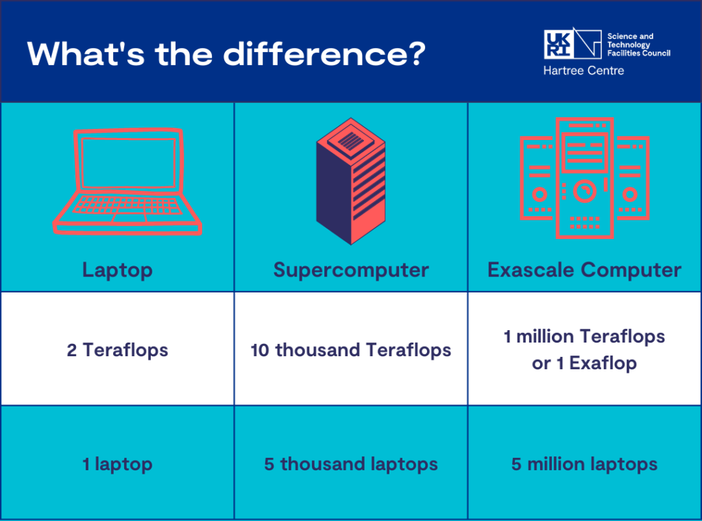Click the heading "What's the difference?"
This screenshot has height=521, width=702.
226,54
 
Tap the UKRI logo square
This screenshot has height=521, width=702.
558,44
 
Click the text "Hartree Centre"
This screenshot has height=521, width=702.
583,71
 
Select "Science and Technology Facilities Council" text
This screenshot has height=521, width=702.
638,45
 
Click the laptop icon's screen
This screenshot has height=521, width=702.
128,163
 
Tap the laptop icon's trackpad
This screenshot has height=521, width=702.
130,218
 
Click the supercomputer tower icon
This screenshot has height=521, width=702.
350,181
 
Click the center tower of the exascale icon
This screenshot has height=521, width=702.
584,178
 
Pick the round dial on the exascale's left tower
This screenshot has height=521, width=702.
539,194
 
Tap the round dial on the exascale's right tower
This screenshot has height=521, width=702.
630,194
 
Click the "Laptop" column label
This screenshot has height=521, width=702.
117,270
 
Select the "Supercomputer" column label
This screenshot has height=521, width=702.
351,270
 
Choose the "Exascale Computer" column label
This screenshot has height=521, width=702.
584,270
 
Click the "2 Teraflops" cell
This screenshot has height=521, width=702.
117,350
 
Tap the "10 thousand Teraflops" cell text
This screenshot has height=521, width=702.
350,350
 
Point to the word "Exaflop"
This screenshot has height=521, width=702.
603,363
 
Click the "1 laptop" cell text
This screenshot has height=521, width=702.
117,464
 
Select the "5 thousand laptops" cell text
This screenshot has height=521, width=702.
350,464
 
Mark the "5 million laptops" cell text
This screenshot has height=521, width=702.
584,464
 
